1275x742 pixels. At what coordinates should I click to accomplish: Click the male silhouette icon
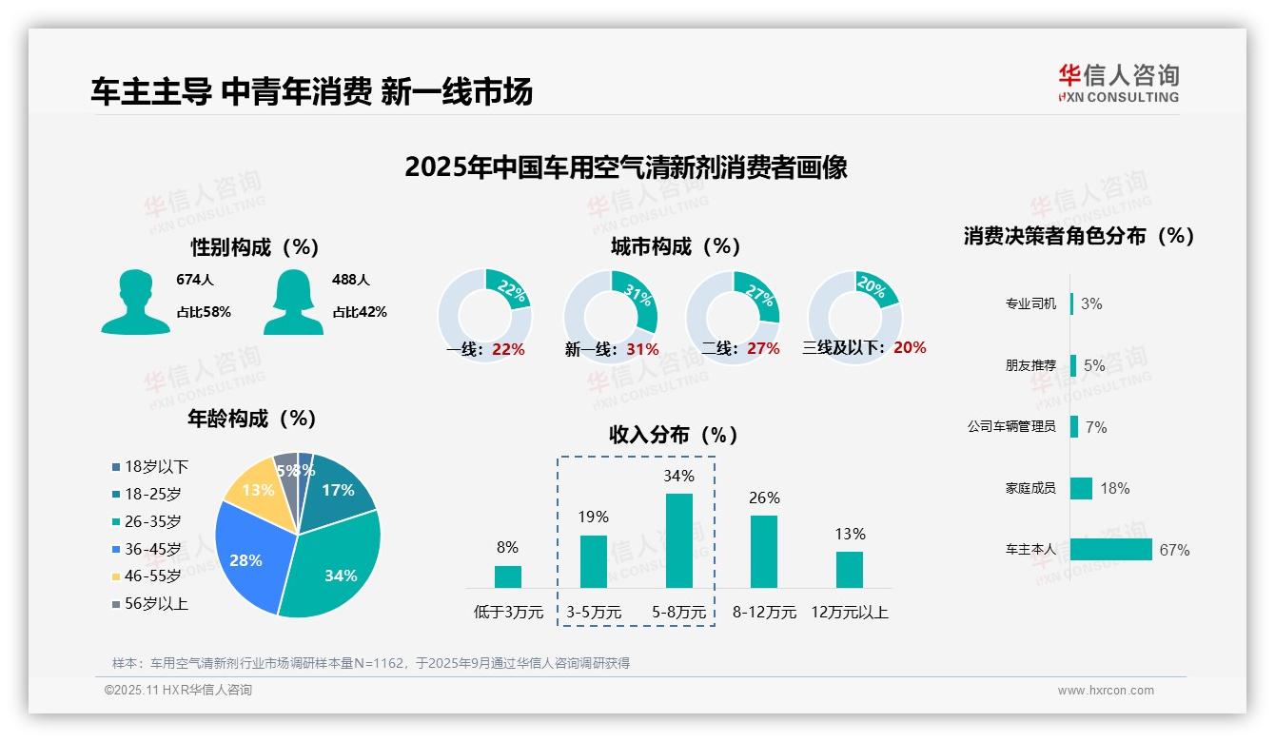(136, 302)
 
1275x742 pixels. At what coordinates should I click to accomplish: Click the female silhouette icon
(293, 302)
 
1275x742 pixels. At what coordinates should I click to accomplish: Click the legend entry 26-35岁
(152, 521)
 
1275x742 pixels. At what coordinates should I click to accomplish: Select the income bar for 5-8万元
(678, 540)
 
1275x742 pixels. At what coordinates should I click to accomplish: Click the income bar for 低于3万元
(508, 576)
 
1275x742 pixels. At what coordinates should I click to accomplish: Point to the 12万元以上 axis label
(849, 613)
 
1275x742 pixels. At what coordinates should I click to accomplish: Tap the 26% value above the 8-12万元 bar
(764, 498)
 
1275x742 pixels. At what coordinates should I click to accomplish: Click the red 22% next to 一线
(508, 349)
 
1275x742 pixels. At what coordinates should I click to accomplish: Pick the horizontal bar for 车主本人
(1110, 550)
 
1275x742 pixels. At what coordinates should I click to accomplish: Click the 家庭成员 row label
(1030, 488)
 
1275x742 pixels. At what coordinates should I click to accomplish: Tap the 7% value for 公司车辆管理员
(1096, 427)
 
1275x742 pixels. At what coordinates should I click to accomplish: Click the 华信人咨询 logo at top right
(1118, 83)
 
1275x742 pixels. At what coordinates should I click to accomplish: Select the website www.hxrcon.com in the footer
(1106, 691)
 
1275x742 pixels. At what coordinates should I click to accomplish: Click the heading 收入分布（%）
(674, 435)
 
